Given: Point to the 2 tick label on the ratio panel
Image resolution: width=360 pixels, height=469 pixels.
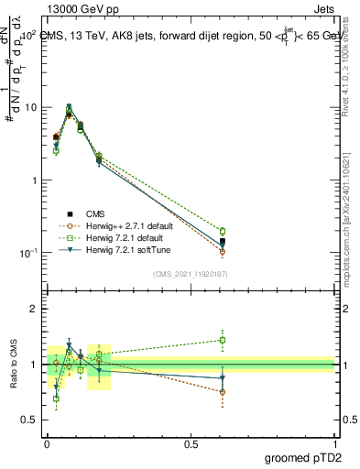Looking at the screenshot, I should tap(34, 310).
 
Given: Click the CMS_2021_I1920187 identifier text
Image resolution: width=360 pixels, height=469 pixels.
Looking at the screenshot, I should tap(191, 273).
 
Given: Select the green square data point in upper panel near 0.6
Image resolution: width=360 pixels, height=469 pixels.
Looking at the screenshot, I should tap(223, 231).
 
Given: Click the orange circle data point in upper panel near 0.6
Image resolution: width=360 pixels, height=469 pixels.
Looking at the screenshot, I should tap(223, 252).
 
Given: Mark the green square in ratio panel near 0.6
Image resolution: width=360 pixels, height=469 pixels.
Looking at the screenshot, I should tap(223, 340).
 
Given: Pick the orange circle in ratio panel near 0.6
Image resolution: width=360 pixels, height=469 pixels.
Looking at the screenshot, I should tap(223, 392).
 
